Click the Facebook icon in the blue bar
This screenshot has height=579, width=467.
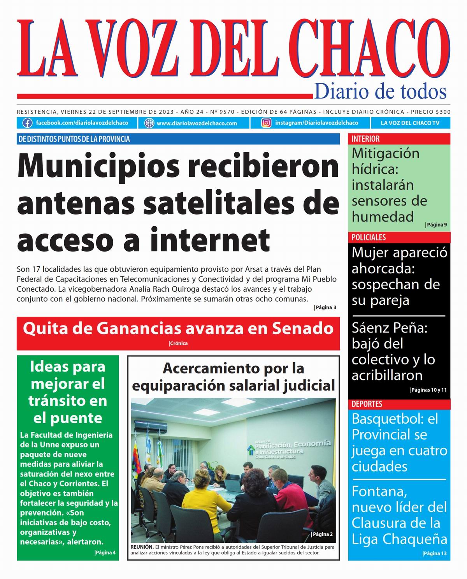tap(27, 123)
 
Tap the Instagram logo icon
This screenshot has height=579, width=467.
tap(266, 123)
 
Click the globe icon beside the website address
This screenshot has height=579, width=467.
tap(149, 123)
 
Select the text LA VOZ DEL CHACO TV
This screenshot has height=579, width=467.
tap(410, 123)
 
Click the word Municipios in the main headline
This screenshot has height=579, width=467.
tap(99, 166)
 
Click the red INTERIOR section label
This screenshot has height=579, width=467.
tap(365, 139)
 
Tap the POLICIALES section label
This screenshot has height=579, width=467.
tap(369, 237)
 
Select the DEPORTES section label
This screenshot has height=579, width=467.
tap(367, 404)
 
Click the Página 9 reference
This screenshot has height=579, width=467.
tap(436, 225)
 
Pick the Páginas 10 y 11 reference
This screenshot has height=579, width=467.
tap(429, 390)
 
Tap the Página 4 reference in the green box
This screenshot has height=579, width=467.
tap(105, 552)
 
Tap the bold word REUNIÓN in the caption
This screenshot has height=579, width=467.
tap(142, 547)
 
